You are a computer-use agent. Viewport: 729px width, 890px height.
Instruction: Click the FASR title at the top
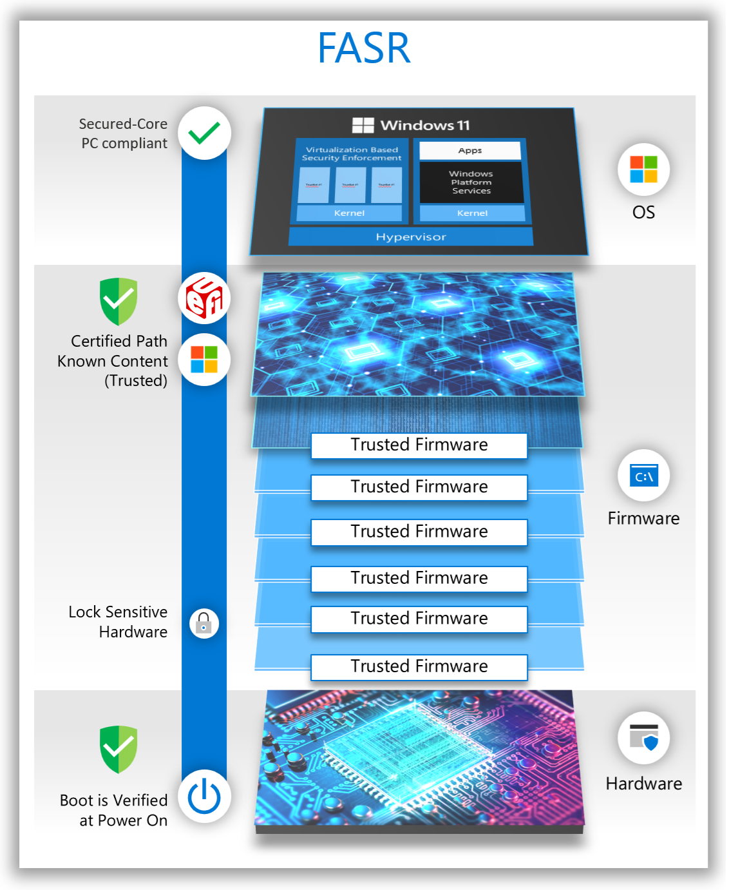[364, 48]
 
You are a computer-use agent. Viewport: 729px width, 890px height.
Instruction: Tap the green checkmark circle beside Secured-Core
[204, 133]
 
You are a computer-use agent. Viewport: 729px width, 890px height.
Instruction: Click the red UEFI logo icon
[204, 298]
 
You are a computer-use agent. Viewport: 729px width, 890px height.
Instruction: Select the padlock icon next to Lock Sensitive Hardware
[204, 623]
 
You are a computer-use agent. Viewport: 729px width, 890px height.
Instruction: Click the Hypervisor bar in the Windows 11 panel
[411, 237]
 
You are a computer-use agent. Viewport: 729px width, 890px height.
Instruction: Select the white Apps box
[470, 151]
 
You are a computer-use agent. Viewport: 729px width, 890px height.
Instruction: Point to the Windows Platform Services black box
[471, 182]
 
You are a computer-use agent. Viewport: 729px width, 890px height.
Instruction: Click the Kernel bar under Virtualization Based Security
[349, 213]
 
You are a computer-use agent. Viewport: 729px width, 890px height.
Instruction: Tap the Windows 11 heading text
[412, 125]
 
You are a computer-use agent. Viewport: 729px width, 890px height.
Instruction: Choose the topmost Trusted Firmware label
[419, 445]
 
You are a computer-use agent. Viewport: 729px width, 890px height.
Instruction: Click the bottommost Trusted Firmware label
[419, 666]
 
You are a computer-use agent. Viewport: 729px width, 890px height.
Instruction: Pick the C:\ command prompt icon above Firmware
[644, 476]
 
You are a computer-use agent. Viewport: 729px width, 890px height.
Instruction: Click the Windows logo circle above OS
[644, 169]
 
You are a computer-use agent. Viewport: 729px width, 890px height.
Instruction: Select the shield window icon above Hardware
[644, 738]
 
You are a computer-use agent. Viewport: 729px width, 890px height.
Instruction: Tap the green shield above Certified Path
[118, 301]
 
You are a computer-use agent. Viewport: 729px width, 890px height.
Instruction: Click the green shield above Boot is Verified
[118, 749]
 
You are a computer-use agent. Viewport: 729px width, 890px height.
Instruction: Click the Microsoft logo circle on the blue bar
[204, 360]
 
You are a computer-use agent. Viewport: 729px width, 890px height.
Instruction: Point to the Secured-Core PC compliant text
[124, 133]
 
